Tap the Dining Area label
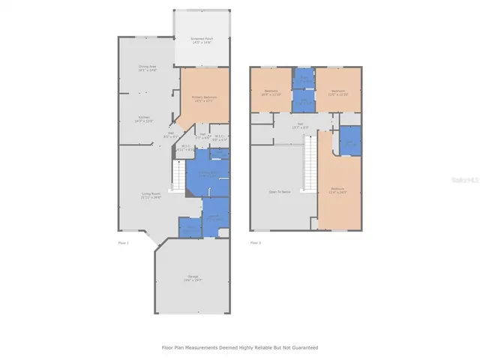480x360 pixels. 146,68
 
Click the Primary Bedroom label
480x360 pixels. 202,99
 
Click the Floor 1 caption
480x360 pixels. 123,243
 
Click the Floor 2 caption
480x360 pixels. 256,243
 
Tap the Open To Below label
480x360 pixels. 279,191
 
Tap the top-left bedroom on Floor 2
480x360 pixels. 269,92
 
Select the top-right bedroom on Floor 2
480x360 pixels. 339,93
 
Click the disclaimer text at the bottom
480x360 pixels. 239,348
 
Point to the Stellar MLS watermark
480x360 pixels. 465,180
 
